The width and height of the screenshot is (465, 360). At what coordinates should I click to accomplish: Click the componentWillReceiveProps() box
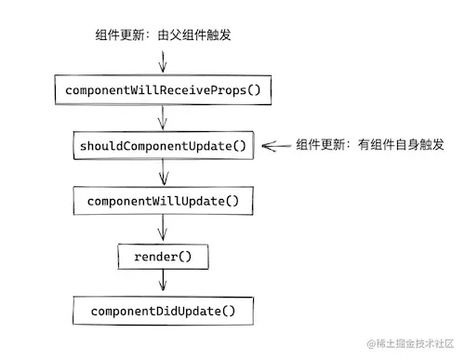[164, 90]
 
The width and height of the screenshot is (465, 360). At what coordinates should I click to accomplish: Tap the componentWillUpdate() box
[164, 200]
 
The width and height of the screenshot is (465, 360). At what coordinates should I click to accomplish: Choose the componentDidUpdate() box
[164, 310]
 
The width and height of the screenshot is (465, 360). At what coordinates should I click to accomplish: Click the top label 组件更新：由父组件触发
[163, 36]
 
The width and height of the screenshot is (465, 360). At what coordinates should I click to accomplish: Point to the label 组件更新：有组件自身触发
[370, 145]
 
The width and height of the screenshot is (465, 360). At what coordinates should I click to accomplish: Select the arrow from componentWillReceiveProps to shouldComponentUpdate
[164, 118]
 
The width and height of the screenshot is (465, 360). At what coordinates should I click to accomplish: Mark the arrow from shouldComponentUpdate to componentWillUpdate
[164, 172]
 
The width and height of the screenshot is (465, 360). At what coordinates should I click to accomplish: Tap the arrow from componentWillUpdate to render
[164, 228]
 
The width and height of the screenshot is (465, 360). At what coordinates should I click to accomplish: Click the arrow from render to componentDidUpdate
[164, 282]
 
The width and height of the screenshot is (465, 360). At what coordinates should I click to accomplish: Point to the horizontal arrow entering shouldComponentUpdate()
[276, 145]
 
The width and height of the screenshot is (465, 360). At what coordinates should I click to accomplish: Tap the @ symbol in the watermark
[369, 344]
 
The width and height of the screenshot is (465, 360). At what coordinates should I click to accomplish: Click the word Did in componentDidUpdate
[169, 310]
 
